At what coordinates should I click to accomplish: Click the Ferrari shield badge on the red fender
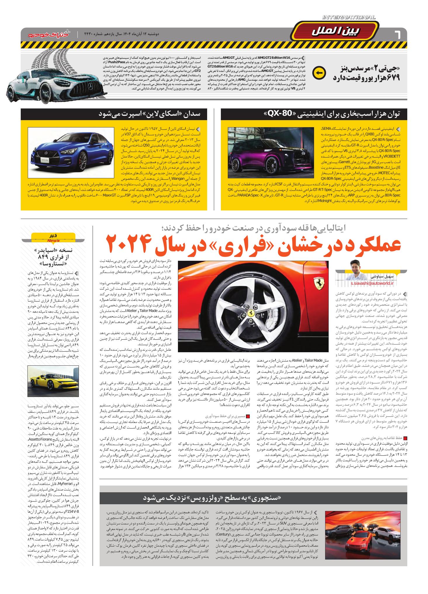point(318,283)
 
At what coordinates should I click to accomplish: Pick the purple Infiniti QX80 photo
point(272,153)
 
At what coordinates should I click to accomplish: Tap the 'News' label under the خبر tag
point(53,240)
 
